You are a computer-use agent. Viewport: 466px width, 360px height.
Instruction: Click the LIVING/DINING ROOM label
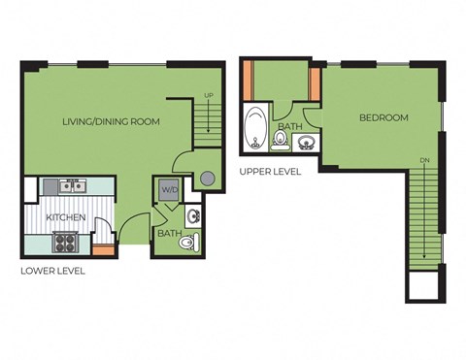point(110,122)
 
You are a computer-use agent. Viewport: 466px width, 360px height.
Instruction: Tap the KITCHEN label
point(65,217)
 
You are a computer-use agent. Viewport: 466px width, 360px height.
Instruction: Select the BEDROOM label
point(383,118)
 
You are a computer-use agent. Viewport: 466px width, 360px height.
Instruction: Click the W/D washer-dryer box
point(168,189)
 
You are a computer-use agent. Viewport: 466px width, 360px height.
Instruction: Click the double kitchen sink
point(71,185)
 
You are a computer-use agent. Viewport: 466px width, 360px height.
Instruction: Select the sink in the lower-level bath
point(192,215)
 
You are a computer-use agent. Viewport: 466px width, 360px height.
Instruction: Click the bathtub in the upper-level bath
point(256,128)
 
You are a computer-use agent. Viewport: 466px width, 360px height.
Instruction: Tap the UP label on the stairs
point(209,96)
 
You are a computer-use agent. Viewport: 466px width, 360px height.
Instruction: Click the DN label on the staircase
point(424,161)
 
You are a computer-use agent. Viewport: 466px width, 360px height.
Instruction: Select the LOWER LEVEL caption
point(52,271)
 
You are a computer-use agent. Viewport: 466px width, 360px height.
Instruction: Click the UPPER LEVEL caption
point(270,172)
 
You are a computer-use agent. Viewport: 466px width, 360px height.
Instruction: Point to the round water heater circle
point(206,180)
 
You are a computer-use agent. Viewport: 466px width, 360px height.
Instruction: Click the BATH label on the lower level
point(168,234)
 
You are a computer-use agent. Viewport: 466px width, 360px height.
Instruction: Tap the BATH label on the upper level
point(289,127)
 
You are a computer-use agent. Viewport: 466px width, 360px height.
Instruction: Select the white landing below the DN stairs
point(424,284)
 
